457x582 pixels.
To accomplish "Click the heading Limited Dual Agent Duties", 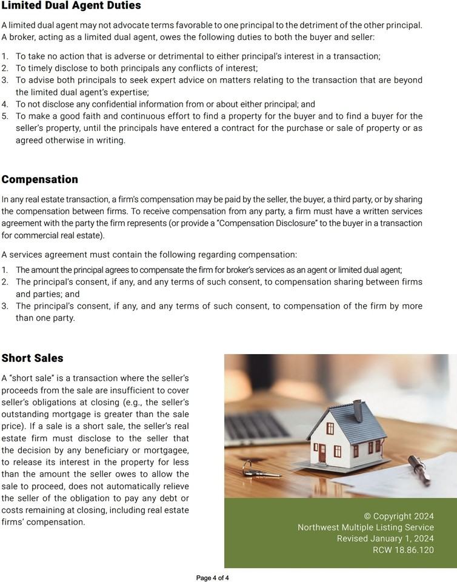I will point(71,5).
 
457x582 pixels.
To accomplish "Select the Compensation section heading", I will point(39,179).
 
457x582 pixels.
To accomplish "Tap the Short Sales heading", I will point(32,358).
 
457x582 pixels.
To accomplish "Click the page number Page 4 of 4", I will point(212,578).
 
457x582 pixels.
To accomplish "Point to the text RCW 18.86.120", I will point(403,550).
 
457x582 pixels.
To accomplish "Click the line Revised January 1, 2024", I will point(385,539).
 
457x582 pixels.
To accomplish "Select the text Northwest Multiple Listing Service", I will point(365,527).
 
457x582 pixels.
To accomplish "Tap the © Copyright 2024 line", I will point(399,517).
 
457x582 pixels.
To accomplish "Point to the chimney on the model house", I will point(358,409).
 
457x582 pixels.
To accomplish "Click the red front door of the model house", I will point(322,452).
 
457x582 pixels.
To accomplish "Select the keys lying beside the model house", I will point(250,467).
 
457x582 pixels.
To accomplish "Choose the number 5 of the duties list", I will point(5,116).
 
